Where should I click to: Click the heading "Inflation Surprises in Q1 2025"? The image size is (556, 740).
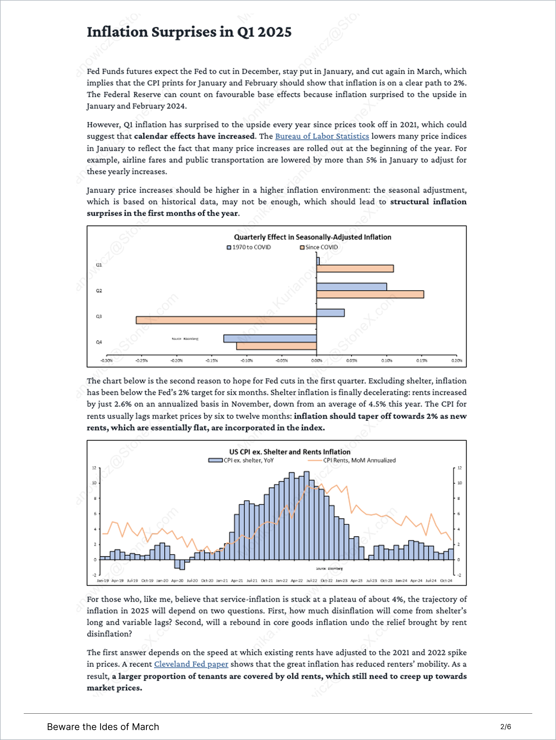pos(189,32)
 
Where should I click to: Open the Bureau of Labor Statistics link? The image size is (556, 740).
pos(322,136)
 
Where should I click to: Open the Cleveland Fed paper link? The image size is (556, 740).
pos(191,664)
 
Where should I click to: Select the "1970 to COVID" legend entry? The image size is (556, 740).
pos(249,247)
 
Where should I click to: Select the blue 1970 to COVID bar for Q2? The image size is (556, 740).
pos(351,287)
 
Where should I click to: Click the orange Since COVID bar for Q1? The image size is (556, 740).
pos(355,269)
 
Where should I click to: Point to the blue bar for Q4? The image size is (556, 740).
pos(270,338)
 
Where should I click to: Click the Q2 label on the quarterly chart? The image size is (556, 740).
pos(99,291)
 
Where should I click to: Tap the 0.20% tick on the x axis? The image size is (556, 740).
pos(456,361)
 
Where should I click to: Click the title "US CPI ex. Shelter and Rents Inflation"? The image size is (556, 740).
pos(290,452)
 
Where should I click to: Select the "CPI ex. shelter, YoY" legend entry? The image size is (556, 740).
pos(241,460)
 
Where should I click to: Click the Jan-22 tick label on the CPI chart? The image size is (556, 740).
pos(281,580)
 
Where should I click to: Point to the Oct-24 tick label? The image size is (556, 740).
pos(446,580)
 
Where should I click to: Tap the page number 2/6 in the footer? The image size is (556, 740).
pos(506,727)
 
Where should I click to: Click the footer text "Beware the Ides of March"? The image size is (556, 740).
pos(103,727)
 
